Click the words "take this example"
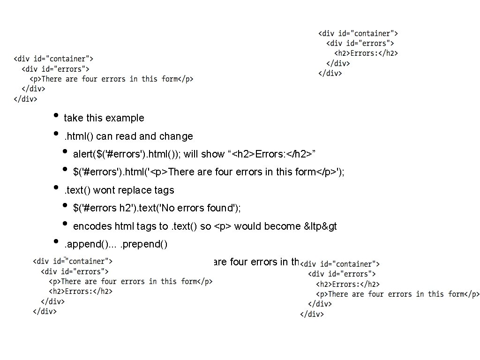coord(104,118)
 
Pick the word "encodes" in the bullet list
coord(92,226)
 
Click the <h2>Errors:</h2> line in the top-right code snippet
coord(366,53)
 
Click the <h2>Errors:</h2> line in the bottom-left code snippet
coord(81,292)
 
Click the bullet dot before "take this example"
coord(56,116)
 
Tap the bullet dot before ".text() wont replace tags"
coord(56,188)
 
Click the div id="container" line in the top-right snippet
coord(359,34)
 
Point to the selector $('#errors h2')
coord(101,208)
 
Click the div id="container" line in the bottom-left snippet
coord(72,262)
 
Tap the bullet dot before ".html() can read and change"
coord(56,134)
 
